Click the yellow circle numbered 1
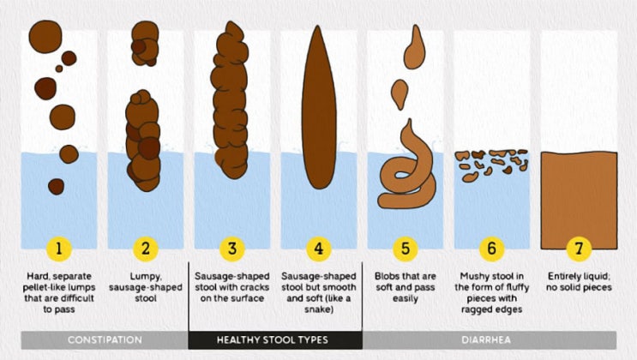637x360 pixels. [x=59, y=249]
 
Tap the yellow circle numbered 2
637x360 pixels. [x=146, y=249]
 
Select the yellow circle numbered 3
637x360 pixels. [x=232, y=249]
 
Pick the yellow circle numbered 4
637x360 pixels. [x=319, y=249]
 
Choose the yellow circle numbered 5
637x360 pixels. [x=406, y=249]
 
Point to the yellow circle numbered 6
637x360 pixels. [x=491, y=249]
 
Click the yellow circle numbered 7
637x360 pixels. [x=579, y=249]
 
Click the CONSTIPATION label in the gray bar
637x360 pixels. [x=105, y=339]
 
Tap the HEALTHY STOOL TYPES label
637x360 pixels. [x=272, y=339]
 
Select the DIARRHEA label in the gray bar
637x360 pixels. [x=486, y=339]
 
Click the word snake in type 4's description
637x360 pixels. [x=318, y=309]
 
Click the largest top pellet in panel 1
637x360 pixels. [x=45, y=37]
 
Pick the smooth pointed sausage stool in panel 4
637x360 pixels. [x=319, y=108]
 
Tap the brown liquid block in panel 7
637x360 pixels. [x=579, y=201]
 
